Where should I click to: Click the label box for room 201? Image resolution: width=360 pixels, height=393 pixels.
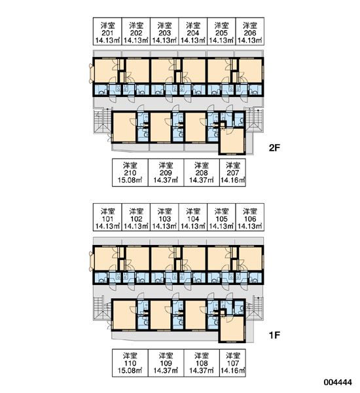click(107, 31)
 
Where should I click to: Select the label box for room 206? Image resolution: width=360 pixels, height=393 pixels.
click(250, 31)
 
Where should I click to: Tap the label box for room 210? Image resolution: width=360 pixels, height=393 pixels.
click(130, 172)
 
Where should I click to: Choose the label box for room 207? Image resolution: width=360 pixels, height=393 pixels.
click(233, 172)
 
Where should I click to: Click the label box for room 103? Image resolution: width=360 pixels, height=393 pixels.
click(164, 217)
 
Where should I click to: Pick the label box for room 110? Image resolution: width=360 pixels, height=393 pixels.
click(130, 363)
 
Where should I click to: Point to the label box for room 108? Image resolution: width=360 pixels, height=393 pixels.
click(202, 363)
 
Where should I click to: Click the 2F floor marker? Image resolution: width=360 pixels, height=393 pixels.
click(274, 148)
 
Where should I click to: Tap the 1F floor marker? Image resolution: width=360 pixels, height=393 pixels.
click(274, 335)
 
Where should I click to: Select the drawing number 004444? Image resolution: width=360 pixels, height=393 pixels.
click(338, 383)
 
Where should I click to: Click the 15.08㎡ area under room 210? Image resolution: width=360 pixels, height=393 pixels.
click(130, 180)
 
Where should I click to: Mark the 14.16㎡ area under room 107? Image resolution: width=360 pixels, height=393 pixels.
click(233, 371)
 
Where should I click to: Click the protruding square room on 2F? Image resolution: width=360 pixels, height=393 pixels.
click(232, 141)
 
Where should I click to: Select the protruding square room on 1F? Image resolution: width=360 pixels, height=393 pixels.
click(232, 329)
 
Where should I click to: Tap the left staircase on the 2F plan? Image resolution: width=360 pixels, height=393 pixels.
click(103, 121)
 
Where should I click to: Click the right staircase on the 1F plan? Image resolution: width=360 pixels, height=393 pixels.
click(255, 309)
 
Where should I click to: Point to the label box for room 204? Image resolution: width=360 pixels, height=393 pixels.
click(193, 31)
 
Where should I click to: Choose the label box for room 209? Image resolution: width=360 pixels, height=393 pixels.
click(166, 172)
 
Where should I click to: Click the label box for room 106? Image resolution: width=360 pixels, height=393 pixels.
click(250, 217)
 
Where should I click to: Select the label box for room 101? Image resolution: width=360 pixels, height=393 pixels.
click(107, 217)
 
